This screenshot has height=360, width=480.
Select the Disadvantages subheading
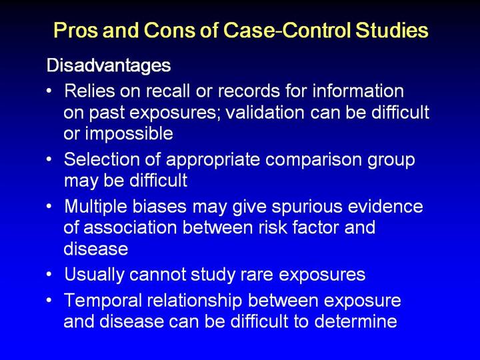tap(109, 65)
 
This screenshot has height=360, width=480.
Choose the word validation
tap(265, 113)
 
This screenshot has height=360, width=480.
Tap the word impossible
tap(129, 134)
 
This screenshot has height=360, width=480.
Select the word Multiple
tap(95, 206)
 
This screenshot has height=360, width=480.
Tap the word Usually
tap(94, 275)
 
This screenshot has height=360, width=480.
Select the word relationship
tap(195, 301)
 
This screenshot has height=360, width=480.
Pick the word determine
tap(356, 321)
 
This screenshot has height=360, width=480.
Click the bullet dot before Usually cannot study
tap(49, 275)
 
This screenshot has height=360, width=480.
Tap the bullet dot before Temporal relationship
tap(49, 300)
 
